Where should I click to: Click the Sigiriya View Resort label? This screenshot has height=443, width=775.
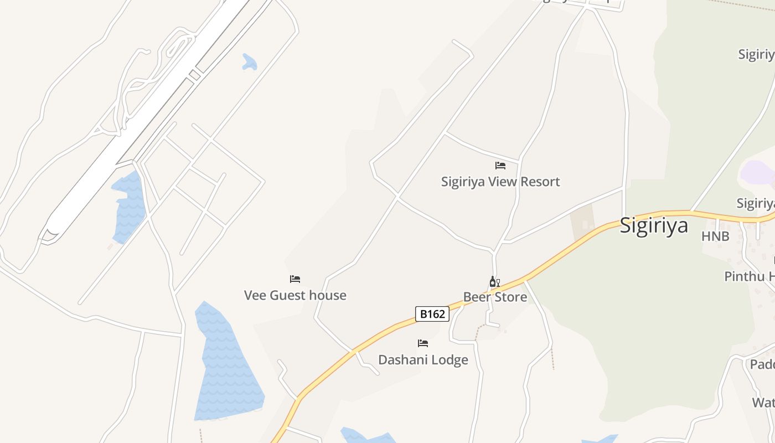[x=500, y=182]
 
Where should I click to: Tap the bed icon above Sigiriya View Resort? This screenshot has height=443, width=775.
[x=500, y=166]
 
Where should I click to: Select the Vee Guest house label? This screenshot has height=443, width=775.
[x=295, y=295]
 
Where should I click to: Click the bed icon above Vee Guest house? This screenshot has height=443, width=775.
[x=295, y=279]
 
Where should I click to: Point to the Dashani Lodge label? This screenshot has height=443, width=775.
[x=423, y=360]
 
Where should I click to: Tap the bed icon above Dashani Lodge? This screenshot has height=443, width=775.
[x=423, y=343]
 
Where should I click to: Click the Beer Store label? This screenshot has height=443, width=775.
[x=495, y=297]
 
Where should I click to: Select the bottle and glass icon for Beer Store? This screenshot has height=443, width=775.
[x=494, y=282]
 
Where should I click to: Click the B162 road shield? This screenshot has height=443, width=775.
[x=432, y=314]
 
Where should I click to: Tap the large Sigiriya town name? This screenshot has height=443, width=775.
[x=654, y=225]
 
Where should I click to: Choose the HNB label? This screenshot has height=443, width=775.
[x=715, y=236]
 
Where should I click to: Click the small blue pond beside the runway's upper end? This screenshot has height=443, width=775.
[x=250, y=62]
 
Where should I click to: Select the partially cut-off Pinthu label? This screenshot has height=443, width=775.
[x=749, y=276]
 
